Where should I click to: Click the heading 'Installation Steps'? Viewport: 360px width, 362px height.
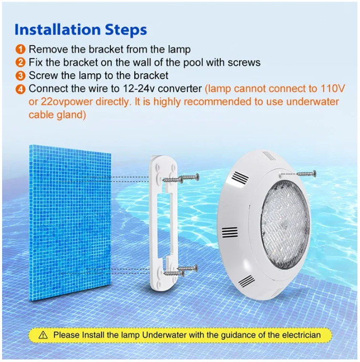81,29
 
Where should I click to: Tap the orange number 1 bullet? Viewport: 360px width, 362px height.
21,50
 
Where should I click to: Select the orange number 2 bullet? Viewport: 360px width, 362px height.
21,63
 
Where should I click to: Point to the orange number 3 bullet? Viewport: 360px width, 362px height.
21,76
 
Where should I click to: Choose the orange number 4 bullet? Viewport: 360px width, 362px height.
21,89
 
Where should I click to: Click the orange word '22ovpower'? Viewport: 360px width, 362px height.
57,102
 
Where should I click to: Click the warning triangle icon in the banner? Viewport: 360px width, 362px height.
43,335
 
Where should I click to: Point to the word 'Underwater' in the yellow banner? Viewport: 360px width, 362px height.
167,335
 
